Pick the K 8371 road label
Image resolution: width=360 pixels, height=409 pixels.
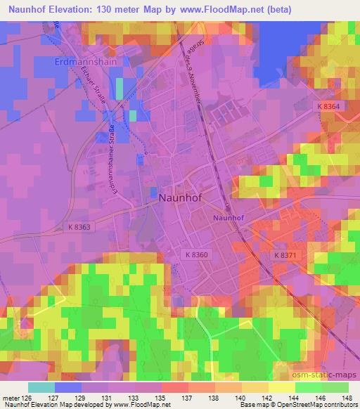pos(285,256)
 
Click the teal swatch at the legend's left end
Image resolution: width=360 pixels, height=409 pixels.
pos(41,387)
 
